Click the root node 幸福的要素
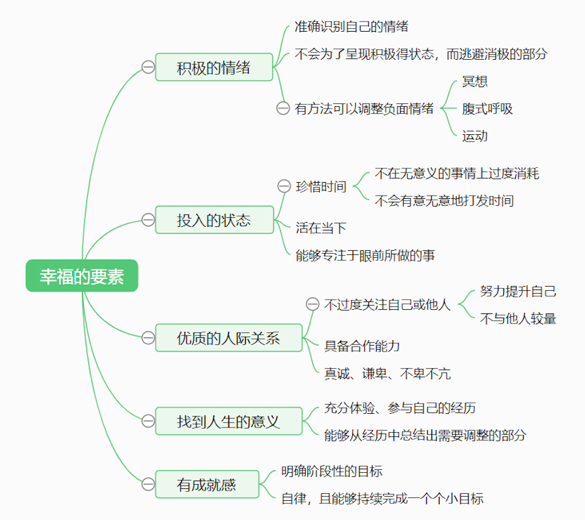82,276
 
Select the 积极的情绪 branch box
214,67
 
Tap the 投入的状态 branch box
214,220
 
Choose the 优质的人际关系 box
229,338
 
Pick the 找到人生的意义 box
229,421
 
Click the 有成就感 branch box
207,484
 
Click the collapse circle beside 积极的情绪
148,67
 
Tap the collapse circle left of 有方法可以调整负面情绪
283,109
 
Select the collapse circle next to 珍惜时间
284,186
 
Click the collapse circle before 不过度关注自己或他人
312,304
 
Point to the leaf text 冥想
475,82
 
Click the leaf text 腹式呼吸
487,109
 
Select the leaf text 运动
475,136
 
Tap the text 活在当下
321,227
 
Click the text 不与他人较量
518,318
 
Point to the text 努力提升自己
518,291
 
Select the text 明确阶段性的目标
332,471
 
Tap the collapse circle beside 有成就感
148,484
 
